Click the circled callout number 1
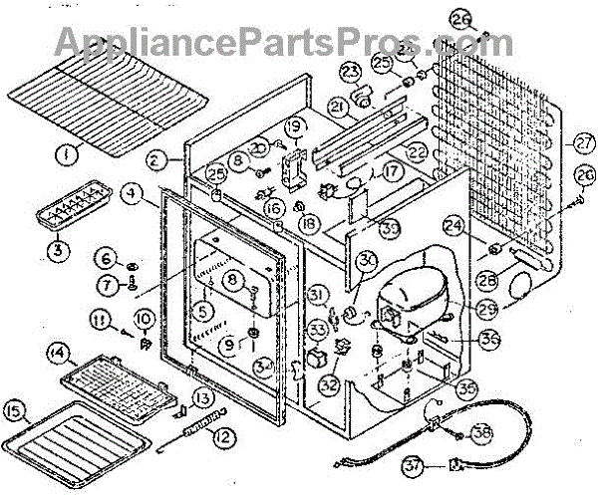[66, 154]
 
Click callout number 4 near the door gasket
[131, 193]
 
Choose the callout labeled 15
[15, 410]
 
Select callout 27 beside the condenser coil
[583, 140]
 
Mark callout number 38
[481, 434]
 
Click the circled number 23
[351, 71]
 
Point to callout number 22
[416, 152]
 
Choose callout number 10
[144, 320]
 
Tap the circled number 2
[155, 158]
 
